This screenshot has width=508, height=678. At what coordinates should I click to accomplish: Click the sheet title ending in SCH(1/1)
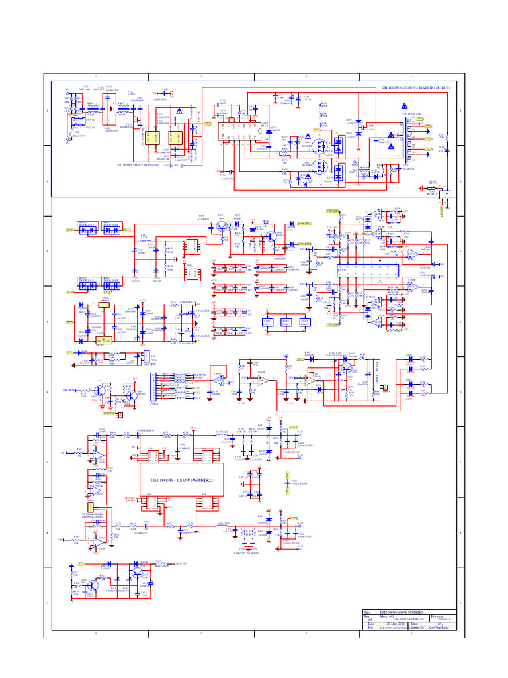418,87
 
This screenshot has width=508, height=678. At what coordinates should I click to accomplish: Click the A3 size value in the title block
369,620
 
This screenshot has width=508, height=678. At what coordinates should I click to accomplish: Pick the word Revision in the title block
437,616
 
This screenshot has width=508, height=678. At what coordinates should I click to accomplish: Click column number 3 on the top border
306,77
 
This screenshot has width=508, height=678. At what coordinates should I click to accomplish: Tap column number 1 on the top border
96,77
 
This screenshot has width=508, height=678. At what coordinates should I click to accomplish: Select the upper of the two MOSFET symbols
322,143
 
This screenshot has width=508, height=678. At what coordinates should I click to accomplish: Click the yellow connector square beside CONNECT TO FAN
384,389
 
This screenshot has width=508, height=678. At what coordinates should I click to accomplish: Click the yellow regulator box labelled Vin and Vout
103,340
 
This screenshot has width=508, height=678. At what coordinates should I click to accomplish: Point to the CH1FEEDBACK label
145,430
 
